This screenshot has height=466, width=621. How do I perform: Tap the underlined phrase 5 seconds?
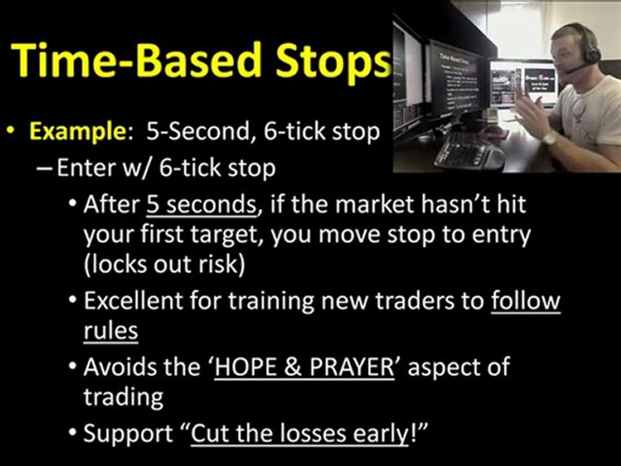pos(201,205)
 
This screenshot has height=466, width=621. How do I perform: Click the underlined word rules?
pos(111,330)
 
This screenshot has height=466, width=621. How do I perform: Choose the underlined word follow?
pos(526,301)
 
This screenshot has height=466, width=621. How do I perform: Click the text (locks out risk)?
pos(164,265)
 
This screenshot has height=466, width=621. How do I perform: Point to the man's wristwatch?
pos(550,138)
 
